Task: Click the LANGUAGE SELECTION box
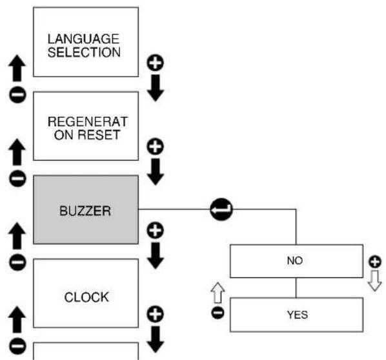click(86, 42)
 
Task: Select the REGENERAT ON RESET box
click(86, 126)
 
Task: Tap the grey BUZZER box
click(86, 210)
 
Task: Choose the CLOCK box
click(86, 293)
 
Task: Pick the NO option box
click(296, 261)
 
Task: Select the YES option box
click(296, 315)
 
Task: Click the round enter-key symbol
click(221, 209)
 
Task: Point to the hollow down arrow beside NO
click(374, 281)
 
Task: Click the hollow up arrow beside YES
click(218, 293)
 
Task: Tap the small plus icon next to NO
click(375, 262)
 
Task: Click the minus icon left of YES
click(218, 313)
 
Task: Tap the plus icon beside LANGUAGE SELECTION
click(156, 63)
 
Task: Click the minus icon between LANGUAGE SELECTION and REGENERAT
click(17, 94)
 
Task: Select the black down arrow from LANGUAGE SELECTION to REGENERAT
click(156, 88)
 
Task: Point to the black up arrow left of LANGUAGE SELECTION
click(17, 68)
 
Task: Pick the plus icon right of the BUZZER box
click(156, 230)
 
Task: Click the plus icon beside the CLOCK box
click(156, 314)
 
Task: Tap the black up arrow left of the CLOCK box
click(17, 319)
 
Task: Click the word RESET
click(99, 135)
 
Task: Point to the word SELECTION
click(84, 52)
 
